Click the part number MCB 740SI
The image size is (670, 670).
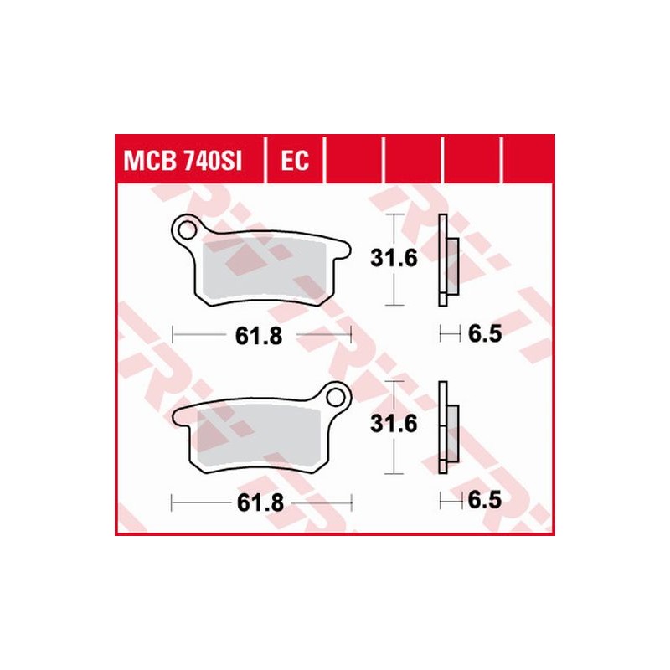(183, 159)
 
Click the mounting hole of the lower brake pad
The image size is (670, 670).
(337, 394)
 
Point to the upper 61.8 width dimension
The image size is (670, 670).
(255, 336)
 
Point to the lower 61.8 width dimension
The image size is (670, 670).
(255, 502)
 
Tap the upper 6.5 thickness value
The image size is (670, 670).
(485, 336)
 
